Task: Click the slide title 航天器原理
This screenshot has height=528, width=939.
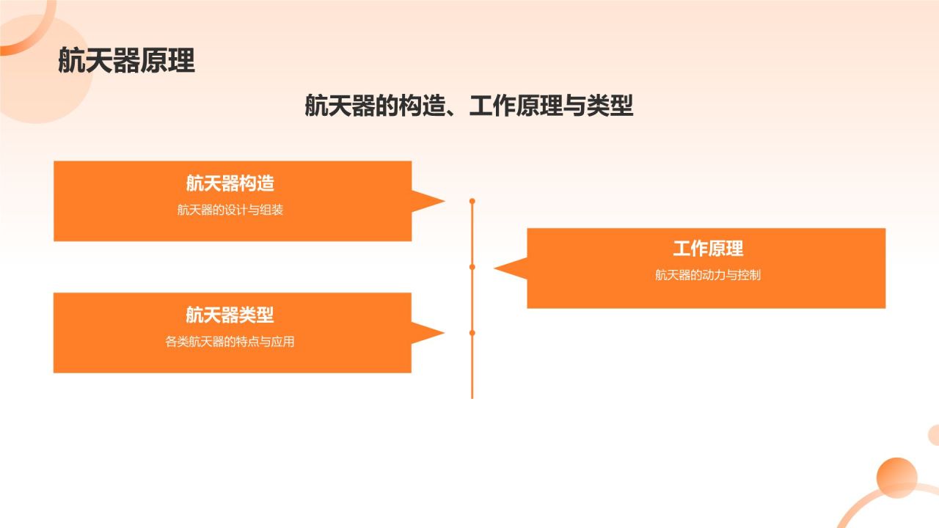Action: coord(126,62)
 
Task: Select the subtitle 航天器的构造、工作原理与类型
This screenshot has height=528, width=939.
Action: coord(469,106)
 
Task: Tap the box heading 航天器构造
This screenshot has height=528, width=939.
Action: coord(230,183)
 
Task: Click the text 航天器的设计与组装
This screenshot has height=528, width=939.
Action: coord(230,210)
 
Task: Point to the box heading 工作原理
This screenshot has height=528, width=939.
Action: coord(708,249)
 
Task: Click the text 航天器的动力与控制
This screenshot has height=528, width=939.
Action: coord(708,276)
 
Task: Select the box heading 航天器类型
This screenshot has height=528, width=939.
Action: coord(230,315)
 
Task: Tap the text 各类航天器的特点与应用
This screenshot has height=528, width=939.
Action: coord(230,342)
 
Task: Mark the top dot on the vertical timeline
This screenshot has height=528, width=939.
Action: coord(472,201)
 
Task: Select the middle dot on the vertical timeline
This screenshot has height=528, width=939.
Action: coord(472,267)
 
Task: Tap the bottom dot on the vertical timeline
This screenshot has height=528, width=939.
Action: coord(472,333)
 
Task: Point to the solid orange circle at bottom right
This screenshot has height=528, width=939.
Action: coord(896,477)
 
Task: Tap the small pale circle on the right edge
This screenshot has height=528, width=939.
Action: coord(934,435)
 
